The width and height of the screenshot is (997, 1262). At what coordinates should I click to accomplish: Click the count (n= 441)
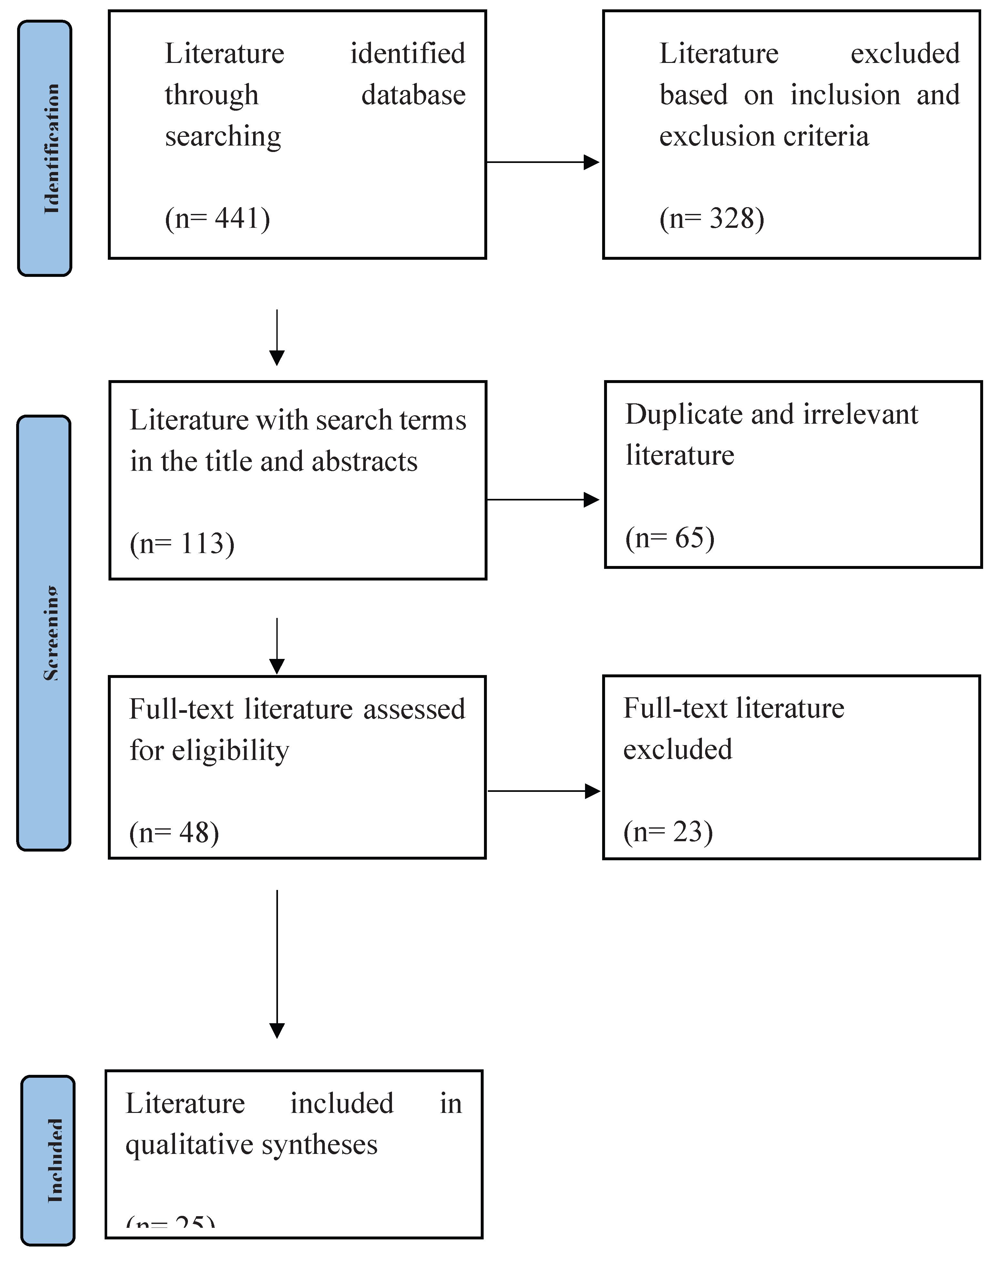[217, 219]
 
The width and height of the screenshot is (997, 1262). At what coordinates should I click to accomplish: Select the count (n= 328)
[712, 219]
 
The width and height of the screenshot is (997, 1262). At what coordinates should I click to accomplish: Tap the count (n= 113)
[182, 544]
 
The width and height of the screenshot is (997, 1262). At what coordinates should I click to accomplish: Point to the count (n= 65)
[670, 538]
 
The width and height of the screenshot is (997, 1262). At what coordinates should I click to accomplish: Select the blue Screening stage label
[44, 633]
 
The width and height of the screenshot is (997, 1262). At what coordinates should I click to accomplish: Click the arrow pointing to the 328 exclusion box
[542, 162]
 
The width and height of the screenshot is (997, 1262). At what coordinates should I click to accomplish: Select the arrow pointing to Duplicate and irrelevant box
[542, 500]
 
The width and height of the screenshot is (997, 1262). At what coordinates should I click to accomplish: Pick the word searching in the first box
[223, 136]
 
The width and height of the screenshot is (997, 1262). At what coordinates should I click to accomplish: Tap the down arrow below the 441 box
[277, 337]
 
